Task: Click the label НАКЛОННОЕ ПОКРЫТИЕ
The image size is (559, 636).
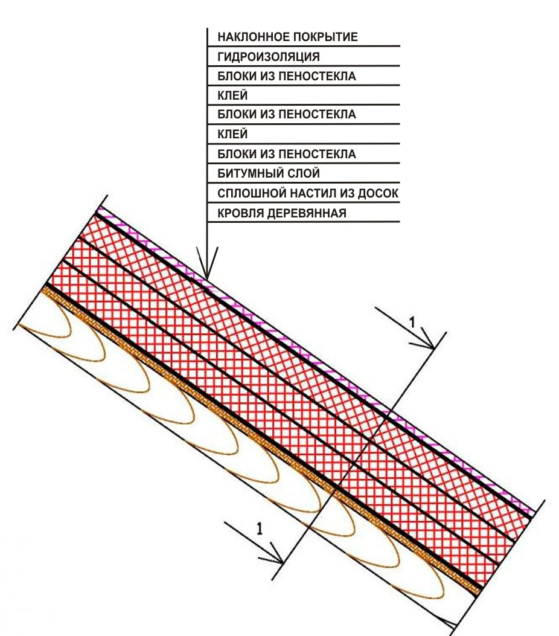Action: tap(287, 37)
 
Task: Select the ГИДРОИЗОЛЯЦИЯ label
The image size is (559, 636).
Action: tap(268, 57)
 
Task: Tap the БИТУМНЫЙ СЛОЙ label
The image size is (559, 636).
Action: tap(268, 173)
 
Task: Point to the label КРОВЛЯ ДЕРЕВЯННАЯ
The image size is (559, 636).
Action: tap(282, 213)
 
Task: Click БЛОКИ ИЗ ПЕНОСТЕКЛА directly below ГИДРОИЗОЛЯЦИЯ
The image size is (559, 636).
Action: tap(287, 76)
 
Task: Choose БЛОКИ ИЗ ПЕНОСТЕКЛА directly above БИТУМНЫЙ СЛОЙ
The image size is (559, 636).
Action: tap(287, 154)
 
